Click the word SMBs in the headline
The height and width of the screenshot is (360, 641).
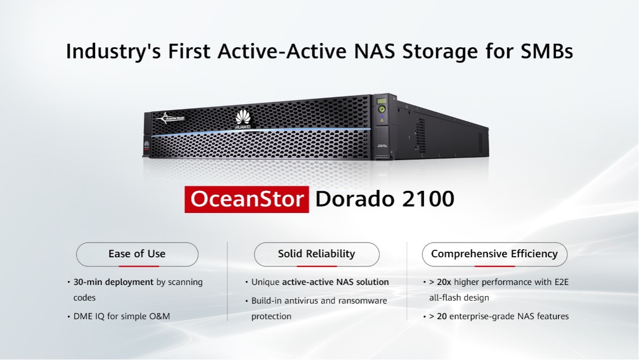[x=546, y=51]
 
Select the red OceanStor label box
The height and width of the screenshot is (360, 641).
[x=247, y=199]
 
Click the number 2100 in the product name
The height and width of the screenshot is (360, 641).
[x=428, y=199]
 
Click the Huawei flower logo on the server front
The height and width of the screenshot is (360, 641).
[x=243, y=118]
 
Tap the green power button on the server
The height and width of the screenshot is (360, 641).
[x=382, y=109]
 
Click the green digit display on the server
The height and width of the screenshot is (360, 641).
[x=381, y=101]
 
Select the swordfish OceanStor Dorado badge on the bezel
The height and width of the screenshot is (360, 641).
[x=170, y=118]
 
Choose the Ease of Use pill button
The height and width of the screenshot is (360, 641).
[x=137, y=254]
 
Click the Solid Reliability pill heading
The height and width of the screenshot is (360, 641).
[x=317, y=254]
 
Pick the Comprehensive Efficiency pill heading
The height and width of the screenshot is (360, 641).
[x=495, y=254]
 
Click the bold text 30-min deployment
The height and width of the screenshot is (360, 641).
[x=114, y=282]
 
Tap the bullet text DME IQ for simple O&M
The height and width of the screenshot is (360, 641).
[x=122, y=316]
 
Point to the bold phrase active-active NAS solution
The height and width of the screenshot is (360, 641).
[x=336, y=282]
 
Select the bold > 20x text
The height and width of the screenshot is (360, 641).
[x=440, y=282]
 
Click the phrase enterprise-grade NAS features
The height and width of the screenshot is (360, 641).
[x=509, y=317]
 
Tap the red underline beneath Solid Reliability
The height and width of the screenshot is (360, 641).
[x=317, y=266]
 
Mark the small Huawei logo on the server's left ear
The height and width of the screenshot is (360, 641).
[x=146, y=144]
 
